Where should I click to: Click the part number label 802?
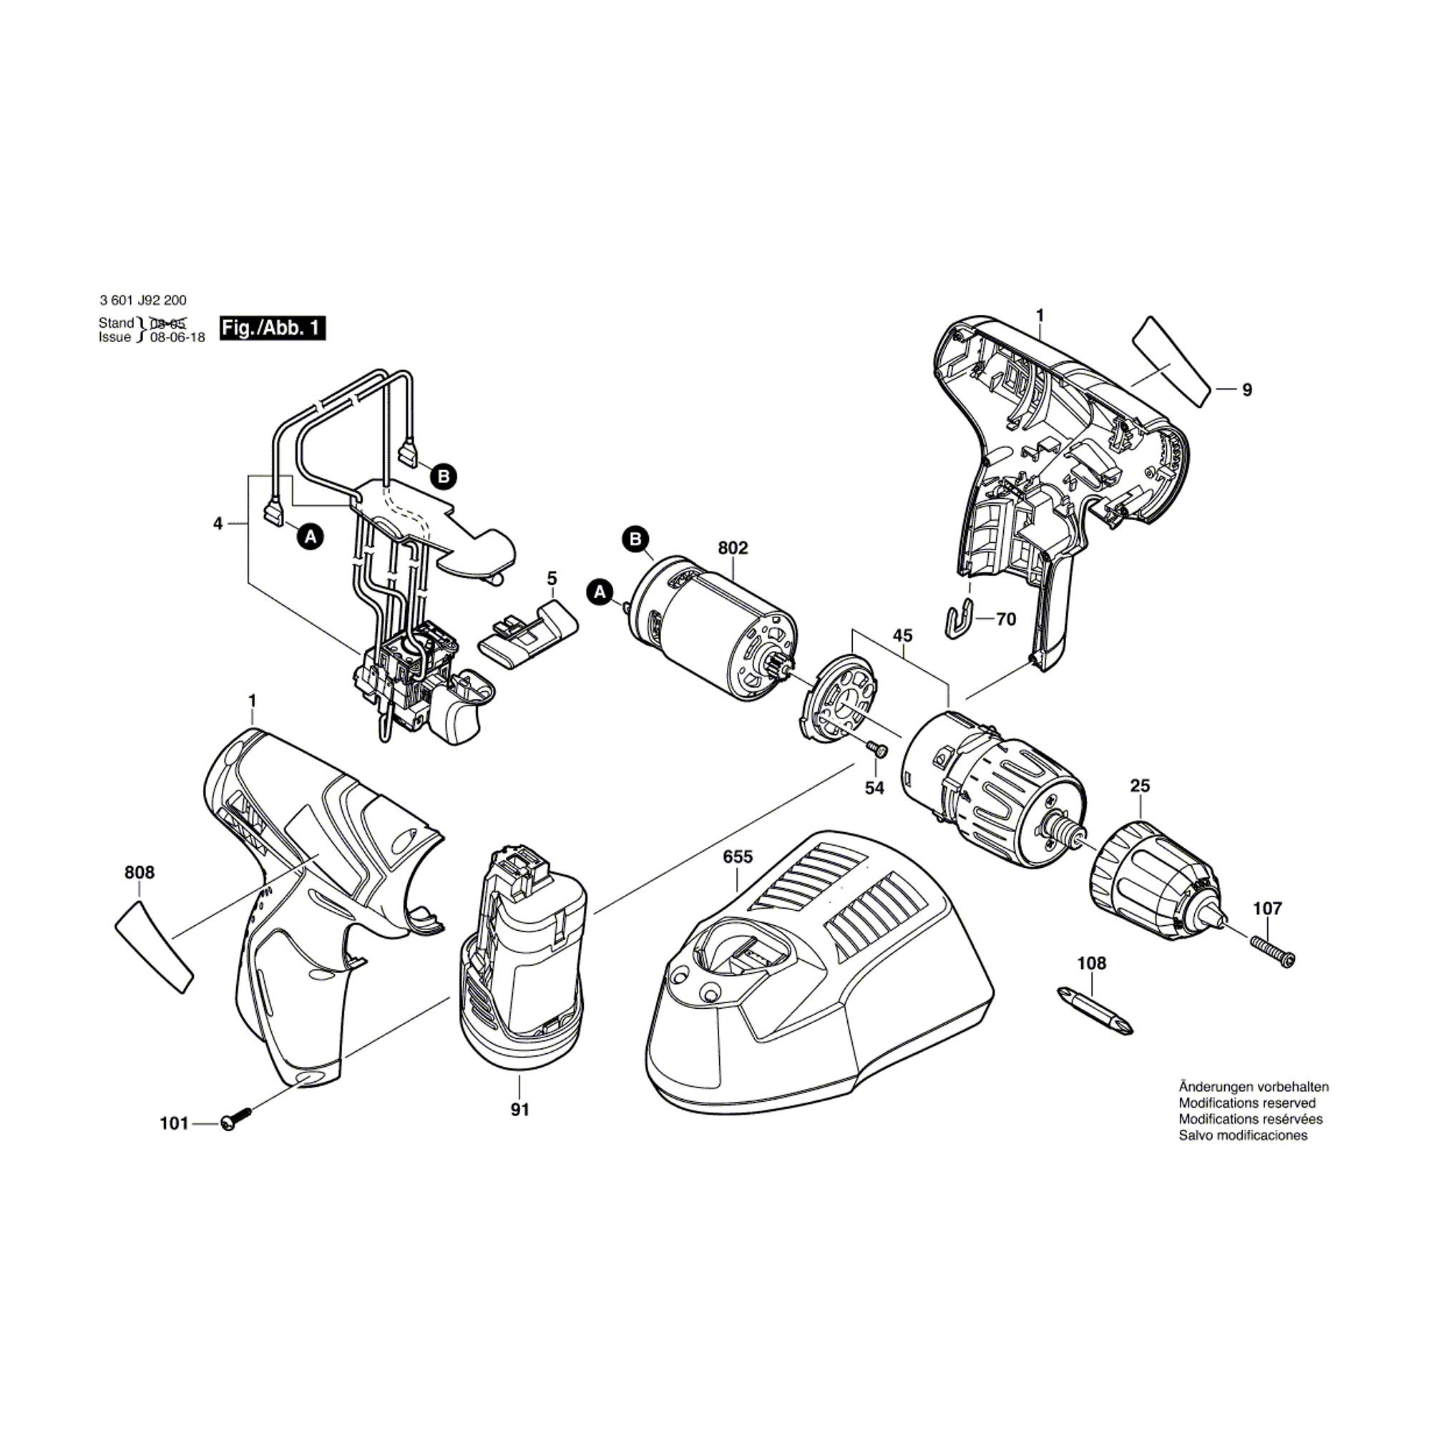(733, 548)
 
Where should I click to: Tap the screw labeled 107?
(1271, 951)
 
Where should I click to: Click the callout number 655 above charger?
(738, 857)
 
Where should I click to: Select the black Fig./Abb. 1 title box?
(273, 328)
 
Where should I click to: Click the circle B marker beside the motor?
(635, 539)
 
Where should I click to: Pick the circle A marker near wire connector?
(311, 536)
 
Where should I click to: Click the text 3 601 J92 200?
(143, 301)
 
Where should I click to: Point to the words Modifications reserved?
(1247, 1103)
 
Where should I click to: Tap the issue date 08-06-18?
(177, 337)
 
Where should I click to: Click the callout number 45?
(903, 635)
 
